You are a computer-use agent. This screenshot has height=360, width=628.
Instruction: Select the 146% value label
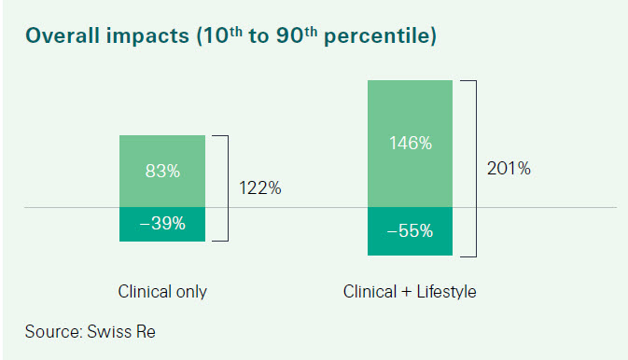pyautogui.click(x=411, y=144)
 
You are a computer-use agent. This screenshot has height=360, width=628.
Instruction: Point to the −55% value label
pyautogui.click(x=411, y=230)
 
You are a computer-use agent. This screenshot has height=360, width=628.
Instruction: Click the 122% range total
pyautogui.click(x=260, y=188)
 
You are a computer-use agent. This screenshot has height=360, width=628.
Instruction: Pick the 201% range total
pyautogui.click(x=509, y=169)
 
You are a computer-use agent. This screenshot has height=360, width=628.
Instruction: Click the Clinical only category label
pyautogui.click(x=162, y=292)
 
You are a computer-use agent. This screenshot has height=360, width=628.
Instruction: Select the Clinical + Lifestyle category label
pyautogui.click(x=410, y=292)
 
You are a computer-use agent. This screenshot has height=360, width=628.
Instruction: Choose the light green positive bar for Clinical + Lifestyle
pyautogui.click(x=411, y=112)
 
